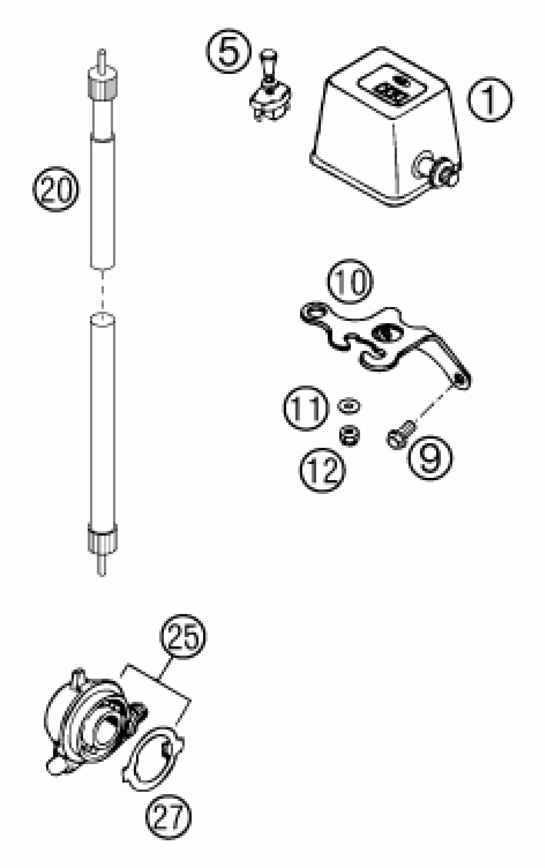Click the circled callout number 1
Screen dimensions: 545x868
(490, 99)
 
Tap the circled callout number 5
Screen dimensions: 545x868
(229, 51)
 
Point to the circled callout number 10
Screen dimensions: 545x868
(350, 281)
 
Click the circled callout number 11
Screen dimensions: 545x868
(306, 408)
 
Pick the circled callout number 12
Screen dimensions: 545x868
(322, 470)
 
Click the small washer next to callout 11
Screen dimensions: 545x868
(348, 406)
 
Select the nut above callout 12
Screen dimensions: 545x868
(349, 435)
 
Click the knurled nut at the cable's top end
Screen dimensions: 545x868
(102, 84)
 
